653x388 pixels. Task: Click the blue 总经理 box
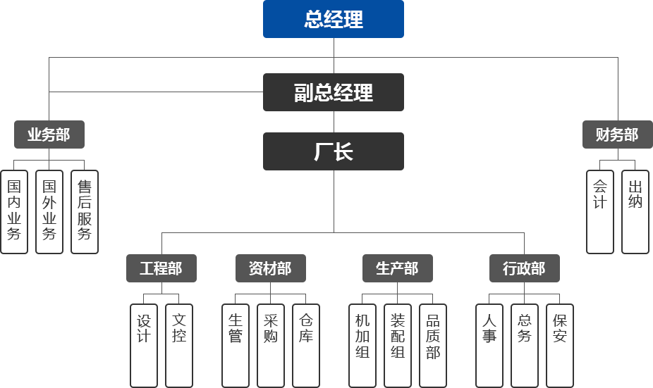click(333, 19)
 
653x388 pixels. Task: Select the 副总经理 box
click(333, 92)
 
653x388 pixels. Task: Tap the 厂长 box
click(333, 151)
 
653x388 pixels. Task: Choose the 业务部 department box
click(49, 134)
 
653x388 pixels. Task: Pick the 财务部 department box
click(616, 134)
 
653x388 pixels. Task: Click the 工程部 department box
click(161, 268)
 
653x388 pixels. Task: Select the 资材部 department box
click(270, 268)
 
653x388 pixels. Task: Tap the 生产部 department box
click(397, 268)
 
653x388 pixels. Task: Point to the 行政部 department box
click(524, 268)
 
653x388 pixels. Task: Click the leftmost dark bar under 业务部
click(14, 211)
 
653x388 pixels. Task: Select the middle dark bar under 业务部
click(49, 211)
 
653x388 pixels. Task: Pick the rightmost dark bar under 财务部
click(635, 211)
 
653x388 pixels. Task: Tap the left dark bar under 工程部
click(143, 345)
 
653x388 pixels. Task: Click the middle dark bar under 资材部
click(270, 345)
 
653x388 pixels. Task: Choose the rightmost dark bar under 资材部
click(306, 345)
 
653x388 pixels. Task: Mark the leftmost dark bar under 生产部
click(362, 345)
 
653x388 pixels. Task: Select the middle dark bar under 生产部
click(397, 345)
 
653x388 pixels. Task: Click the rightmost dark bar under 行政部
click(560, 345)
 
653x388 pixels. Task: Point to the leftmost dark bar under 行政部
click(489, 345)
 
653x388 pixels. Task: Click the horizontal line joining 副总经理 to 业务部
click(155, 92)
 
